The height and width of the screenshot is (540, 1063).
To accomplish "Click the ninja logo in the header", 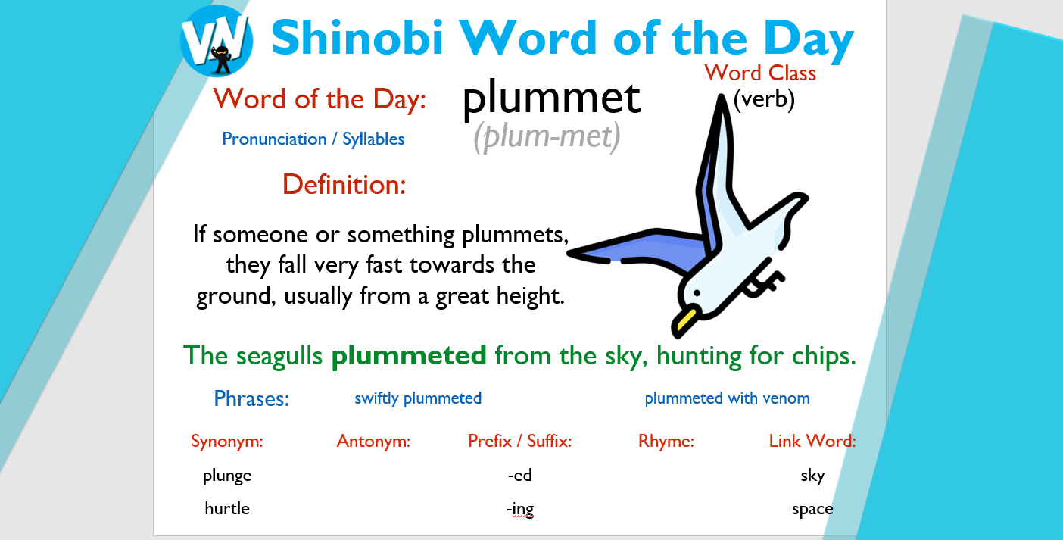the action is pos(217,41).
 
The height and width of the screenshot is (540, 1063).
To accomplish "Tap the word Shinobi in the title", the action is pos(357,38).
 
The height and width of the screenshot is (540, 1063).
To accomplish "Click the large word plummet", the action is pos(551,98).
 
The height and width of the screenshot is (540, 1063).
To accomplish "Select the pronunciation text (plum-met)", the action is pos(547,137).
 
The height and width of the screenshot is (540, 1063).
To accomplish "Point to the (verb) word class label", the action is pos(763,100).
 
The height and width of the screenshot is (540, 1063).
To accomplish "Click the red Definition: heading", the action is pos(344,184).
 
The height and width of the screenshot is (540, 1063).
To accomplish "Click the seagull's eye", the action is pos(697,292).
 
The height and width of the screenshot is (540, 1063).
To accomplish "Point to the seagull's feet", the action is pos(763,285).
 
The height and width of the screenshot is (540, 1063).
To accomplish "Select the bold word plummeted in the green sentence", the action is pos(409,355).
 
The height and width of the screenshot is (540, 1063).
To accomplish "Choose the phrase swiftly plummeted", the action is pos(418,398).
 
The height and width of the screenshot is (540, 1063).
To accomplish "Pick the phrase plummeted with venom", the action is pos(727,398).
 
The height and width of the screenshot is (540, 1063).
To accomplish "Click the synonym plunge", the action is pos(227,476).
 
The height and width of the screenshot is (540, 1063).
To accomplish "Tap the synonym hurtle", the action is pos(227,508).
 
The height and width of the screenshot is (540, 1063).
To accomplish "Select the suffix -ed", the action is pos(519,475).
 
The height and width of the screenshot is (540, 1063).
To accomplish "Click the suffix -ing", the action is pos(520,509).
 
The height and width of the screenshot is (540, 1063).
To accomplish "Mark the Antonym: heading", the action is pos(373,442).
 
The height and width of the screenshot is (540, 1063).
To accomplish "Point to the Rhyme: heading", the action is pos(666,442).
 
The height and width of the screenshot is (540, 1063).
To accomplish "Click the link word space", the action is pos(812,510).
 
